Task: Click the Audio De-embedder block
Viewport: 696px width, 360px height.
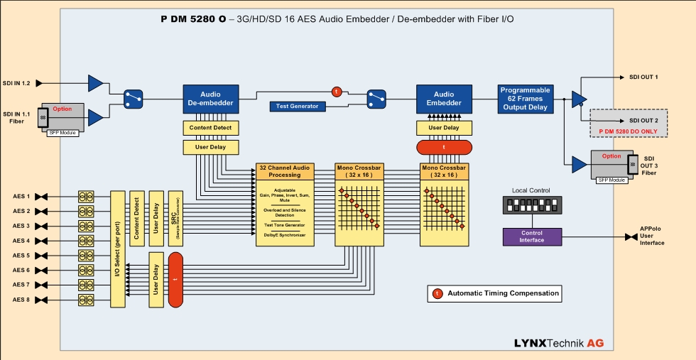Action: (x=210, y=99)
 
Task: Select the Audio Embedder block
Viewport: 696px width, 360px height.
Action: (x=444, y=99)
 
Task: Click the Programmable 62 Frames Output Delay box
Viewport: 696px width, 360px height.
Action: (x=525, y=99)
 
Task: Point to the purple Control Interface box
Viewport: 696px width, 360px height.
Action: (x=531, y=236)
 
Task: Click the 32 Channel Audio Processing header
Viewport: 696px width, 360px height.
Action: (x=284, y=170)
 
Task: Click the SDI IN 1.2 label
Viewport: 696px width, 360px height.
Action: (x=16, y=83)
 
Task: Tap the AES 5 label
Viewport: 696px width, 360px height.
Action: (x=21, y=255)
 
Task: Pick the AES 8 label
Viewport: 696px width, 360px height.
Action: (x=21, y=300)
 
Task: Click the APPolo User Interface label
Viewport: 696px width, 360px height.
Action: (x=652, y=236)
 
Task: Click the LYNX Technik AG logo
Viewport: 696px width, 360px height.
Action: (x=559, y=344)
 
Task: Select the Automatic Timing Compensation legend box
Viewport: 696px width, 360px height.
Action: (x=494, y=293)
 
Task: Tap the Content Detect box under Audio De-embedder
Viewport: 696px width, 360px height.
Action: (x=210, y=129)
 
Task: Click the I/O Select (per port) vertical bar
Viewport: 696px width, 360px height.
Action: (x=118, y=249)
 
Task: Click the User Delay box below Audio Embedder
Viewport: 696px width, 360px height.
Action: (x=444, y=129)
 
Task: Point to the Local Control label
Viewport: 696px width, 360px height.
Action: (x=531, y=190)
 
